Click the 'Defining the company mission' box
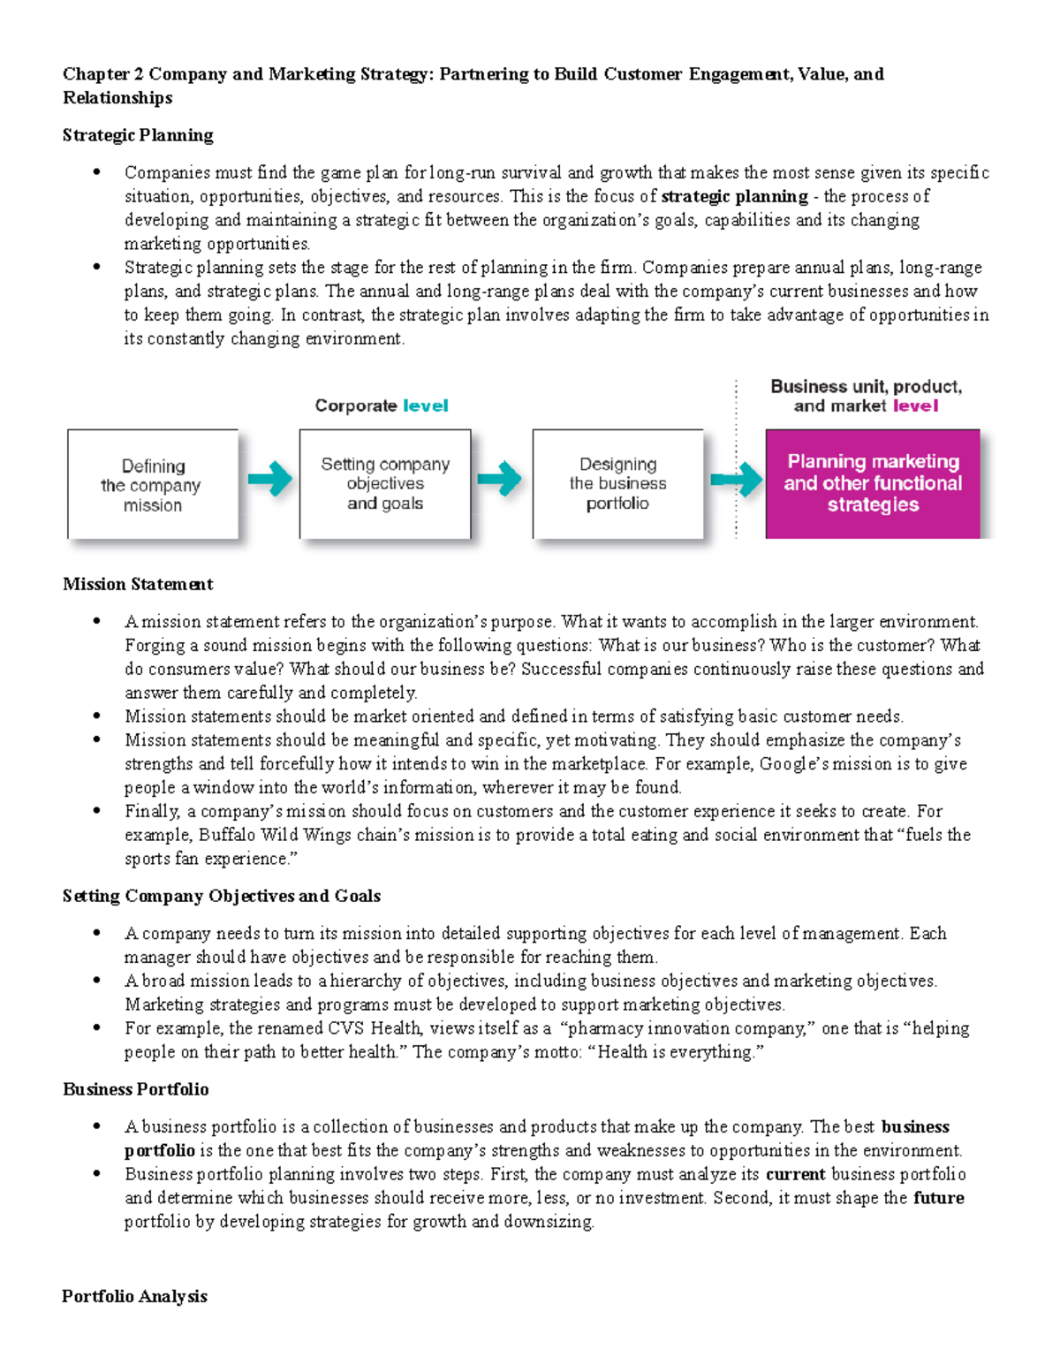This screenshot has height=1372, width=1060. coord(153,484)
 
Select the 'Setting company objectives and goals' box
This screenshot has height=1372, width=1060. coord(385,484)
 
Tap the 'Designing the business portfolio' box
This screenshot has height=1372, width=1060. coord(617,484)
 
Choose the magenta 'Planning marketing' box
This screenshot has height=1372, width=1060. coord(872,484)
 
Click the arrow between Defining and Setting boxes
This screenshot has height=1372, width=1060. coord(269,480)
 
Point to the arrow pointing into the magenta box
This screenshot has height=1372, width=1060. coord(736,480)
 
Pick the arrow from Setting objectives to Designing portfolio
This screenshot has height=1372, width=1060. coord(500,480)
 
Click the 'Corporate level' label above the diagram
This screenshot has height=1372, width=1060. coord(381,406)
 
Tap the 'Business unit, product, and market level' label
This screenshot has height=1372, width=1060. coord(866,396)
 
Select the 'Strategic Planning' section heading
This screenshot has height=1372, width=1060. coord(138,135)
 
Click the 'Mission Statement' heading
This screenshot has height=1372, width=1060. coord(138,584)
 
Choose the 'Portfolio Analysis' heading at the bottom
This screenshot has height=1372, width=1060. coord(134,1296)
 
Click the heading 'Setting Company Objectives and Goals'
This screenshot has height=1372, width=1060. coord(222,896)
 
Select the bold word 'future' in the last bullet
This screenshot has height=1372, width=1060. coord(938,1198)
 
